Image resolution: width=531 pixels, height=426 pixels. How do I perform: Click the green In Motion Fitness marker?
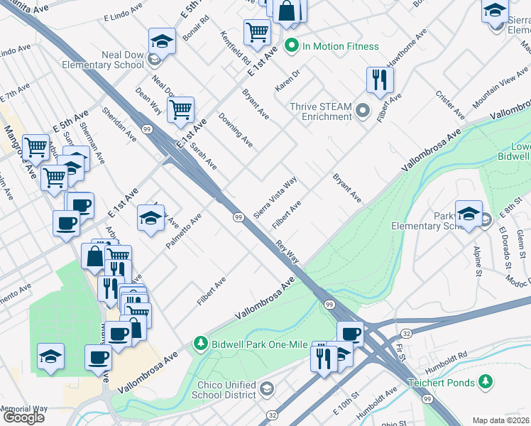[x=291, y=47]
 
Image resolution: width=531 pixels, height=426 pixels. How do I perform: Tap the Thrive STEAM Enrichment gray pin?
[x=363, y=110]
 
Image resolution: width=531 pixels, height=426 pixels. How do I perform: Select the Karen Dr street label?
[x=288, y=80]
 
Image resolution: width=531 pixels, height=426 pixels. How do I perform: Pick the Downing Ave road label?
[x=236, y=129]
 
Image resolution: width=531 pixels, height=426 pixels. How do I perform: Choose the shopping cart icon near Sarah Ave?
[x=181, y=109]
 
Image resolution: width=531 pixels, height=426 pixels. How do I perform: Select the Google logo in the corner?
[x=23, y=417]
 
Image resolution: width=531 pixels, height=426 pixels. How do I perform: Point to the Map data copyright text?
[x=501, y=420]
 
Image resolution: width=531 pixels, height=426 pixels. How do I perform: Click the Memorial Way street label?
[x=23, y=409]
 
